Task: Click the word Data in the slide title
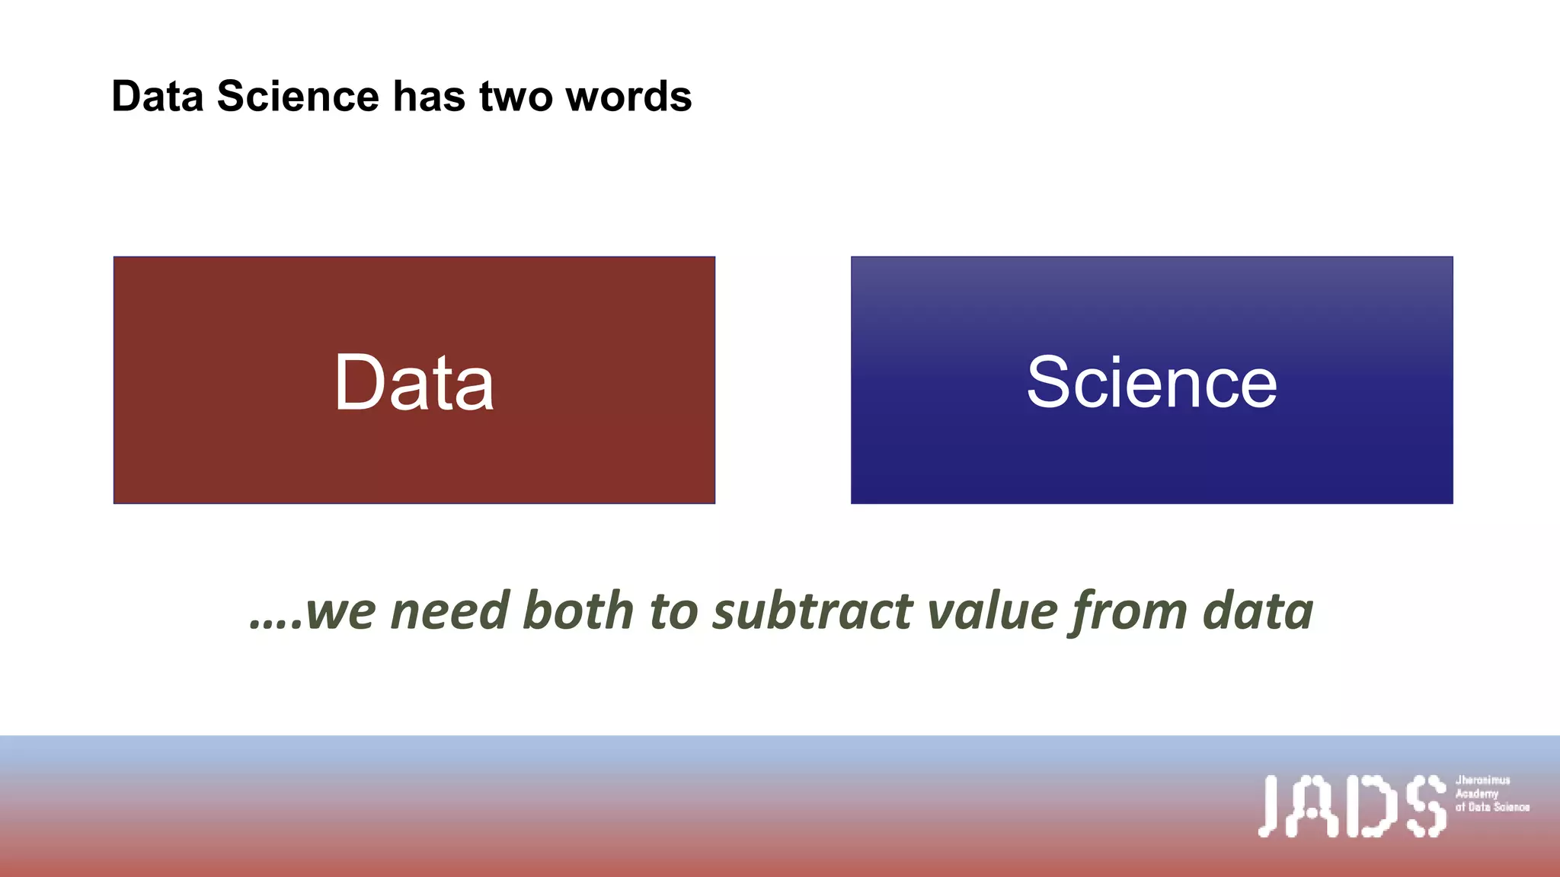pyautogui.click(x=158, y=97)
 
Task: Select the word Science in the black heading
pyautogui.click(x=298, y=97)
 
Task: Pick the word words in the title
pyautogui.click(x=628, y=97)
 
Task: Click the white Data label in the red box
pyautogui.click(x=414, y=382)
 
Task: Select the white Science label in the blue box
pyautogui.click(x=1151, y=382)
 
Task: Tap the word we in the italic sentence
pyautogui.click(x=340, y=612)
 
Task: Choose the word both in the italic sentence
pyautogui.click(x=578, y=611)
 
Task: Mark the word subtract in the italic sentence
pyautogui.click(x=813, y=611)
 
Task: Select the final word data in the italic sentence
pyautogui.click(x=1258, y=611)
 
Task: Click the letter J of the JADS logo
pyautogui.click(x=1270, y=806)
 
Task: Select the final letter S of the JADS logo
pyautogui.click(x=1426, y=806)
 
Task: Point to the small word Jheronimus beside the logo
pyautogui.click(x=1482, y=780)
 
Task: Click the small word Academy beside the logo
pyautogui.click(x=1476, y=793)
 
